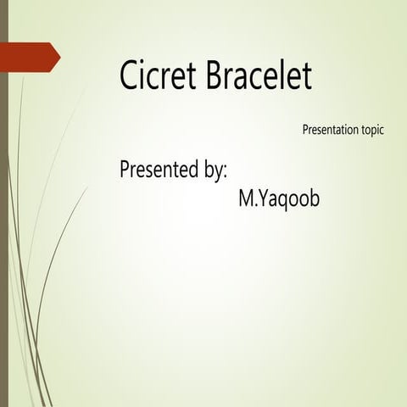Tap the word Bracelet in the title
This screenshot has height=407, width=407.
coord(259,76)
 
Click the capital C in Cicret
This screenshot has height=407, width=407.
coord(130,76)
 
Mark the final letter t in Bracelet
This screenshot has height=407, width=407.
coord(308,76)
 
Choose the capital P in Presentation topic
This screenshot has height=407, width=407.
coord(305,131)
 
